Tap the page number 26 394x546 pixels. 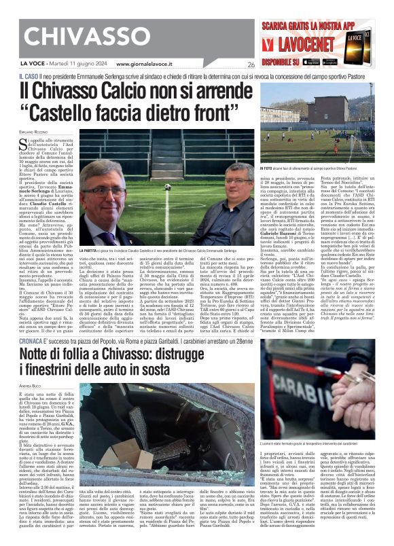(x=251, y=65)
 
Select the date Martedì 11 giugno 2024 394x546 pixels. (x=70, y=65)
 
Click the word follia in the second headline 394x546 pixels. (x=74, y=354)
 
